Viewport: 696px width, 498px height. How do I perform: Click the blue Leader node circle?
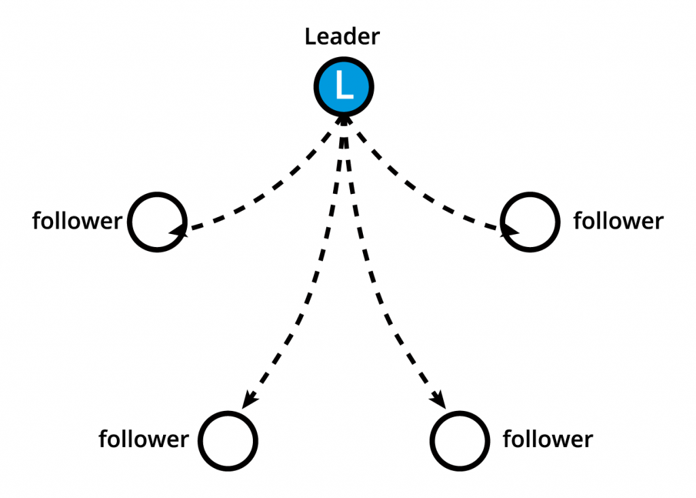coord(344,87)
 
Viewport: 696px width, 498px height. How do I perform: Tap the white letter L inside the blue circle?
coord(344,84)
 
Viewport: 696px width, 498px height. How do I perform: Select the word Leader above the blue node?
coord(343,36)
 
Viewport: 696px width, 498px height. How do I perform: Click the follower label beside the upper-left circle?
coord(77,221)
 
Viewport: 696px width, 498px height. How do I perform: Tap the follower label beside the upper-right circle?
coord(619,221)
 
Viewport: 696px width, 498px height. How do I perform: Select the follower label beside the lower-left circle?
coord(143,439)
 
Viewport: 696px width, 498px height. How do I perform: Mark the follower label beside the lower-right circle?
coord(548,439)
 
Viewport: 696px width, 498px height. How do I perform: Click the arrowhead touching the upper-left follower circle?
coord(179,230)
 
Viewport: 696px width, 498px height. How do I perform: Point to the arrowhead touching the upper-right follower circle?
coord(510,231)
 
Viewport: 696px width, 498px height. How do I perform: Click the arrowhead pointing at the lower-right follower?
coord(439,400)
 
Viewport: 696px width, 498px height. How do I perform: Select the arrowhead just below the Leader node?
coord(344,120)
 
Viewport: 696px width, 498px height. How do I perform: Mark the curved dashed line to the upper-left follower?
coord(276,186)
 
